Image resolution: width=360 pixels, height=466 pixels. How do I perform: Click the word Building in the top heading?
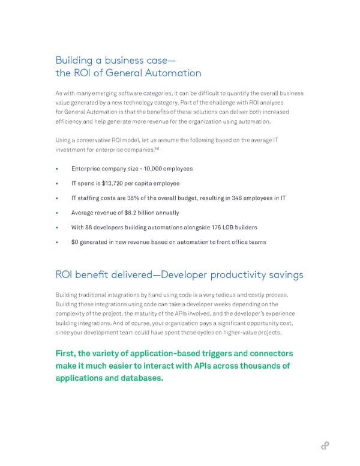tap(73, 60)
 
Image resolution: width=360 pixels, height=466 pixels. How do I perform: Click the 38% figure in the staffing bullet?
tap(140, 198)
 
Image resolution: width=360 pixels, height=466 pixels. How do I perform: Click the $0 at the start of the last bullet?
tap(74, 242)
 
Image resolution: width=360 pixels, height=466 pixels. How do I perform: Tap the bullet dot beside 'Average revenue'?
tap(56, 213)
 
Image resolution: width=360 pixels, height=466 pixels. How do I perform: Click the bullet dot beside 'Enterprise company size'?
tap(56, 169)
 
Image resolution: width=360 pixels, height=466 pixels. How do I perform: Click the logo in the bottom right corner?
tap(325, 445)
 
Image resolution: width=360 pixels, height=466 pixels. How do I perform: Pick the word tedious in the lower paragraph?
tap(239, 294)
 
